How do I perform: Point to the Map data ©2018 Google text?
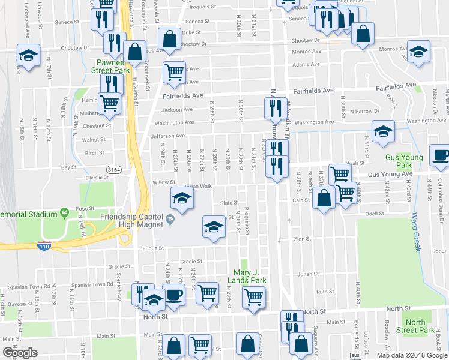[412, 355]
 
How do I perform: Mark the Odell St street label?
[374, 213]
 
